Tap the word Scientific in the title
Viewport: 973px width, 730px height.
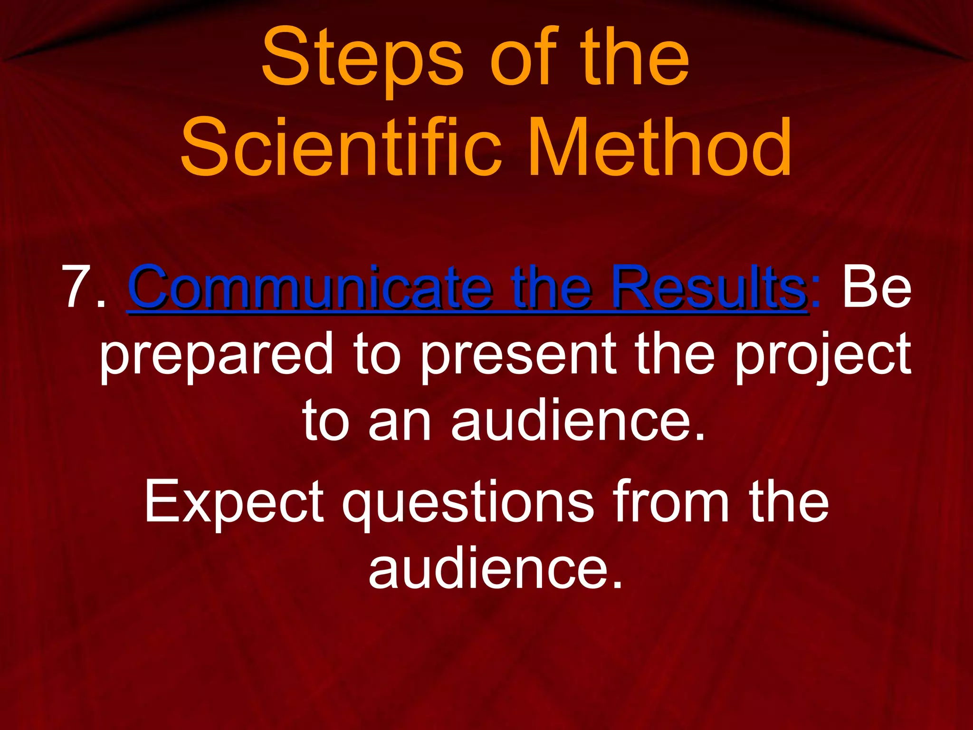pyautogui.click(x=340, y=147)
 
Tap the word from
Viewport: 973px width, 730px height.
pyautogui.click(x=670, y=501)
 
